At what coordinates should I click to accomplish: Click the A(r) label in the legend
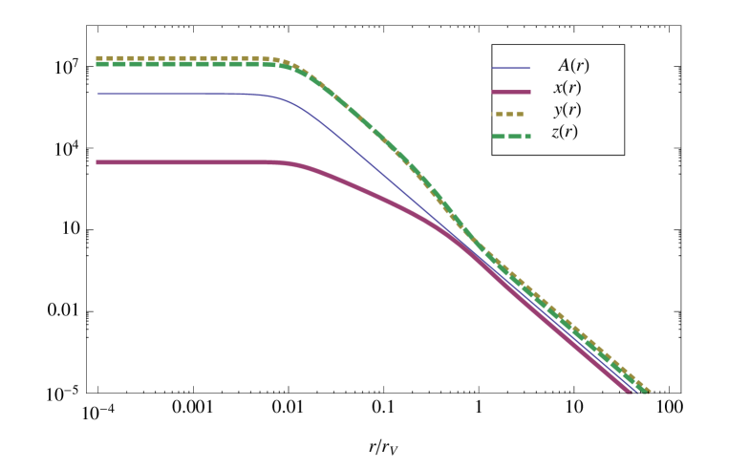(573, 66)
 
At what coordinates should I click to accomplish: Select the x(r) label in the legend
(567, 88)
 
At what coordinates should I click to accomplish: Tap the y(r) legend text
(567, 110)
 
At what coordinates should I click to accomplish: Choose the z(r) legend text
(565, 133)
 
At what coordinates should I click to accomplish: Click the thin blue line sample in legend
(511, 68)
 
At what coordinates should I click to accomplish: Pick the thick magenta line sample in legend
(511, 92)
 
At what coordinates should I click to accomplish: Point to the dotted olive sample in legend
(509, 114)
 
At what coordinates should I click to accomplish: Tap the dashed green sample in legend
(511, 137)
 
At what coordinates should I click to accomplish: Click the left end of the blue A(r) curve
(98, 94)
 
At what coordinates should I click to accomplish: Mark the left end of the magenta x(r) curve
(98, 162)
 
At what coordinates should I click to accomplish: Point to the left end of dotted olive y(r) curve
(98, 57)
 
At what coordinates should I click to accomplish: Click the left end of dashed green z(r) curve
(98, 64)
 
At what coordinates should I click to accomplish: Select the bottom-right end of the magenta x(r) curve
(629, 391)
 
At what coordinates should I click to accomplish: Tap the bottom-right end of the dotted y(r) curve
(649, 391)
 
